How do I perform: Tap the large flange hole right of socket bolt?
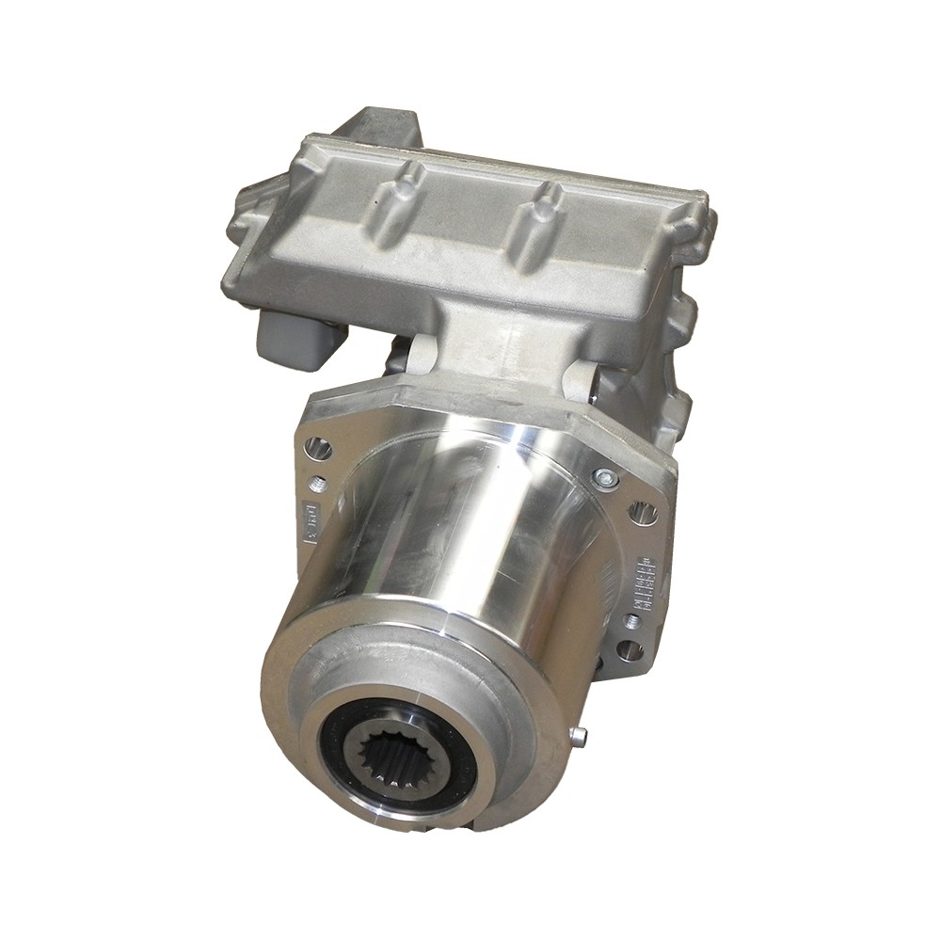644,513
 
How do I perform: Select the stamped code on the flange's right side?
644,584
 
